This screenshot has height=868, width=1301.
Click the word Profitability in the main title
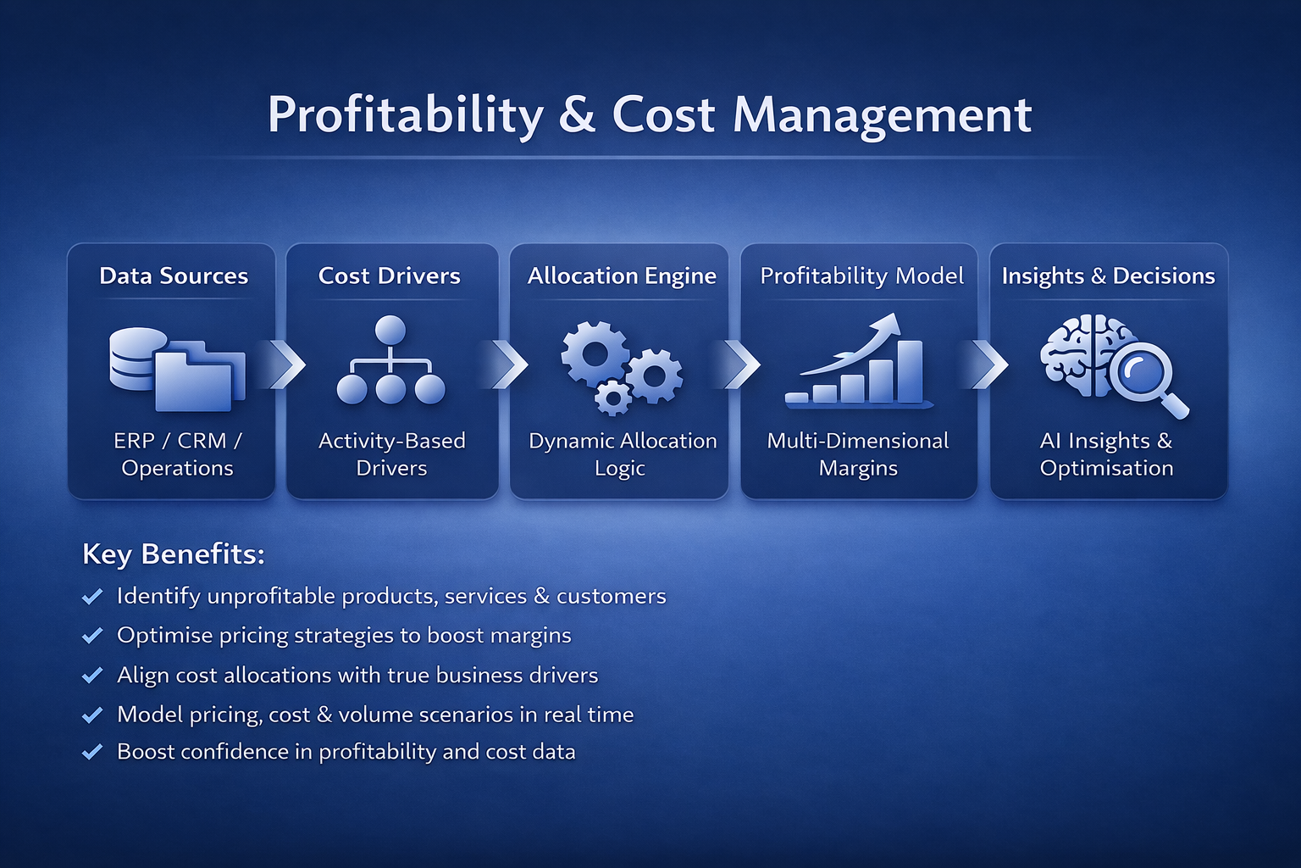pos(405,115)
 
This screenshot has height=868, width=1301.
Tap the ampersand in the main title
pos(577,115)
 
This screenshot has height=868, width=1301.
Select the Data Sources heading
pos(174,275)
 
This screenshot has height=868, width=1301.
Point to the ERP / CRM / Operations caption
pos(177,454)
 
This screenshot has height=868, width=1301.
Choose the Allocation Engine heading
pos(622,275)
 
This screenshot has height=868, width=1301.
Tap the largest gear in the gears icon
pos(595,353)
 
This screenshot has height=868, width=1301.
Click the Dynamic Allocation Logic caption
pos(622,454)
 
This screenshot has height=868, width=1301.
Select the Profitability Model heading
pos(861,275)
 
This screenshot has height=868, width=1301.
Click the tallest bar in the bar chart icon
pos(909,370)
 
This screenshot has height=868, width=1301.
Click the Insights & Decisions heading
pos(1108,275)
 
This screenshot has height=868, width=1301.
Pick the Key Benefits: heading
pos(174,554)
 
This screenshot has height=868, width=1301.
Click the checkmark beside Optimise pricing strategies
pos(92,635)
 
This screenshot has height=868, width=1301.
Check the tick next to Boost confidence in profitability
pos(92,751)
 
